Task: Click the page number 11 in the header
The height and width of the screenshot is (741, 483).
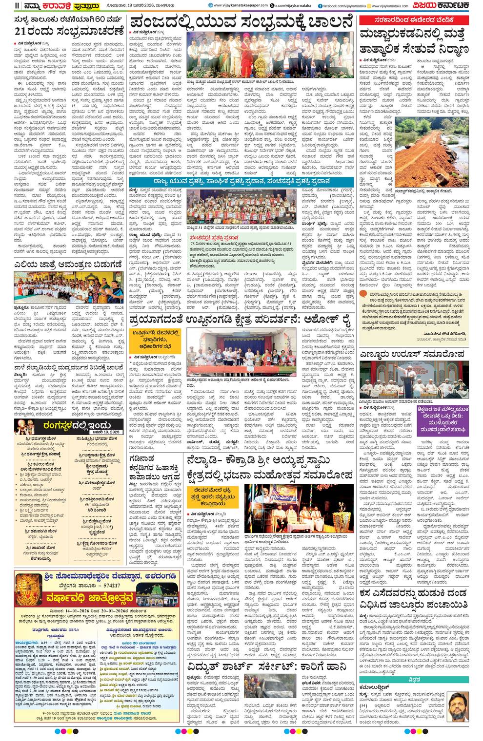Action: [x=17, y=6]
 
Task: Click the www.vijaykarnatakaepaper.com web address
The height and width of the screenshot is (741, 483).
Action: [x=241, y=6]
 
